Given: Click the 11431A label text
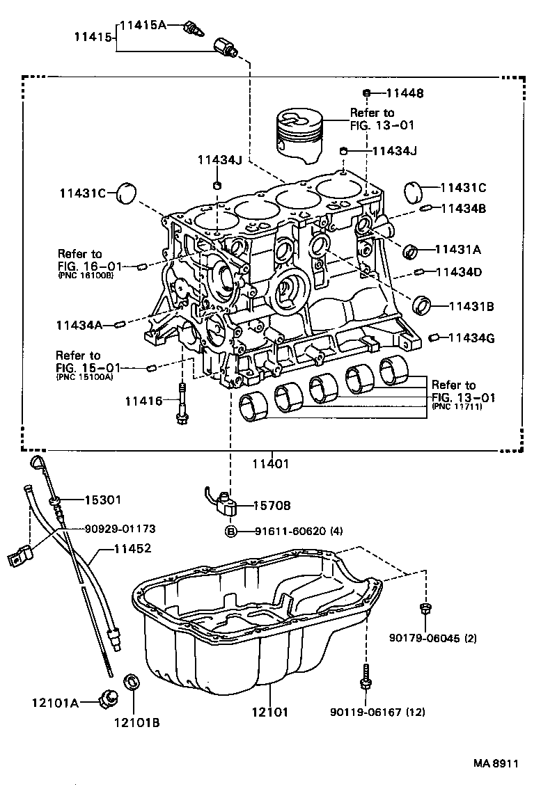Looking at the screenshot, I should tap(459, 248).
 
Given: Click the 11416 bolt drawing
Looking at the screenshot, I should tap(182, 404).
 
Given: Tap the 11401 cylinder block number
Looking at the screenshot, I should tap(270, 463).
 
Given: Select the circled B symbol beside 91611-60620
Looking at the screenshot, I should tap(230, 532).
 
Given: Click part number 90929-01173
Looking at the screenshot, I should tap(120, 529).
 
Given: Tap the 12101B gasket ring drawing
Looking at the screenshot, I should tap(131, 682).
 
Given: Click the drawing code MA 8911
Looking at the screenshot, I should tap(496, 763).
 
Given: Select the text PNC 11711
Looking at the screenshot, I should tap(457, 406).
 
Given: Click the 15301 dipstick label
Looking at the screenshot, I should tap(103, 500).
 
